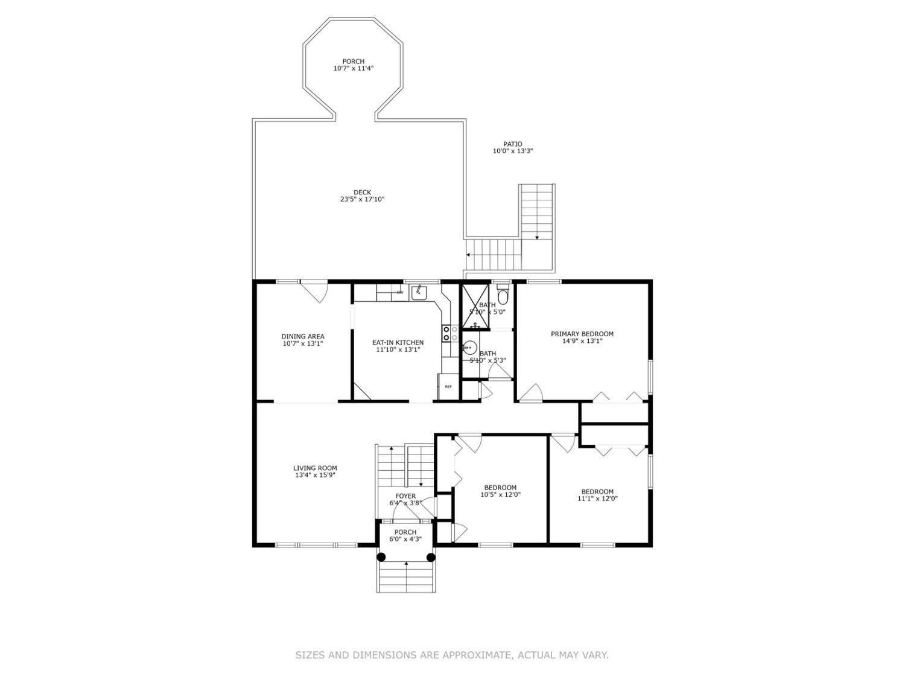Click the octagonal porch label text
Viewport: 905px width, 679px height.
pyautogui.click(x=353, y=62)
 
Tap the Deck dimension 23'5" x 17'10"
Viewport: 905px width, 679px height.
pyautogui.click(x=362, y=199)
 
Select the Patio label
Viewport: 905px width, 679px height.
pyautogui.click(x=512, y=144)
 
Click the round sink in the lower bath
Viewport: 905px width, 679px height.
pyautogui.click(x=469, y=348)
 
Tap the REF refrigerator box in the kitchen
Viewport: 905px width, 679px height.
pyautogui.click(x=448, y=387)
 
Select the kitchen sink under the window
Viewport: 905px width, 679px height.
pyautogui.click(x=419, y=293)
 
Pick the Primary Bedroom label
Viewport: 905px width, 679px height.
pyautogui.click(x=582, y=334)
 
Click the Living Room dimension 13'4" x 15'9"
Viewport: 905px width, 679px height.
pyautogui.click(x=315, y=475)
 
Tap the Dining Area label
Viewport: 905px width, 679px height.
pyautogui.click(x=303, y=337)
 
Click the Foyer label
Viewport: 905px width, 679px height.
pyautogui.click(x=405, y=496)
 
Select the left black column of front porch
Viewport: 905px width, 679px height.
pyautogui.click(x=381, y=557)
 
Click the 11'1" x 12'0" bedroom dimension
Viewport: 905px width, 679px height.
pyautogui.click(x=597, y=499)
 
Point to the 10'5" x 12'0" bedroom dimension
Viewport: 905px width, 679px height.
pyautogui.click(x=500, y=495)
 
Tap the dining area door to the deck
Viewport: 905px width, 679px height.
pyautogui.click(x=314, y=292)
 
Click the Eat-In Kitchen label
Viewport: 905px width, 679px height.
pyautogui.click(x=398, y=343)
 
